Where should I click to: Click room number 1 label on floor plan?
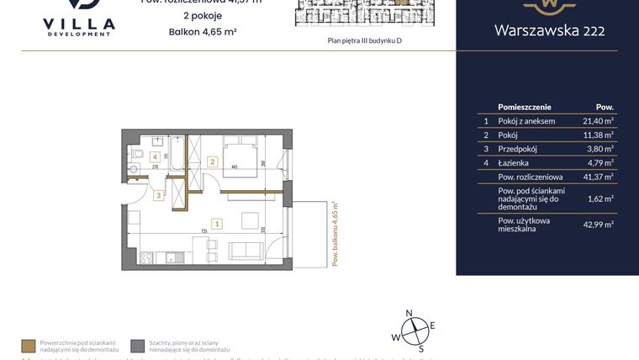(217, 224)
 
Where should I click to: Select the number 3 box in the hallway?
(157, 196)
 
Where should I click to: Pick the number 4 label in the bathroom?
(155, 156)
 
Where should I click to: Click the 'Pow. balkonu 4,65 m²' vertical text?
(334, 234)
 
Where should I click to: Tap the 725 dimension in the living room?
(203, 230)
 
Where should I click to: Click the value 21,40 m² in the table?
(598, 121)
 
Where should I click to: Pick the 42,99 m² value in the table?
(598, 223)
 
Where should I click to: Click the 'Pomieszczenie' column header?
(525, 107)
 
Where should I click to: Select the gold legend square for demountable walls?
(29, 345)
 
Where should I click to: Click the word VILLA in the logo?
(78, 24)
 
